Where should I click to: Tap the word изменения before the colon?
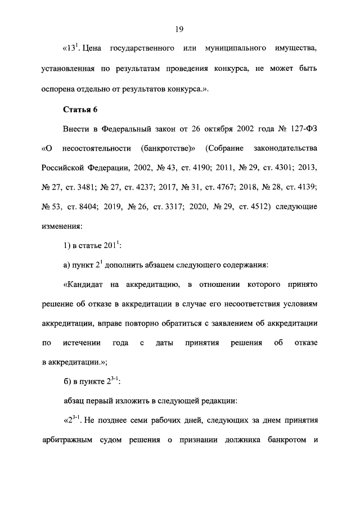(61, 226)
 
